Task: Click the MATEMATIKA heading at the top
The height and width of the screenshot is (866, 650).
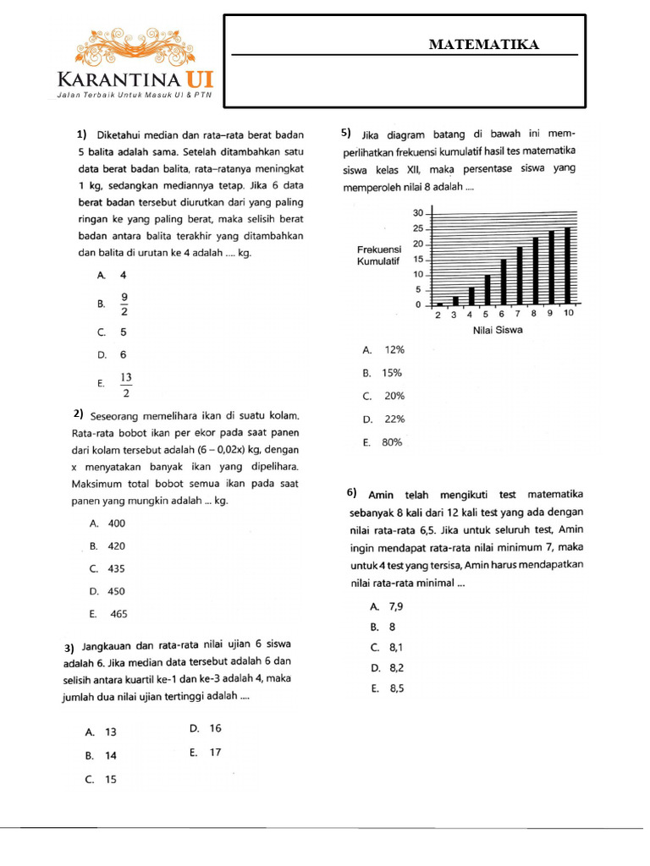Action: click(483, 44)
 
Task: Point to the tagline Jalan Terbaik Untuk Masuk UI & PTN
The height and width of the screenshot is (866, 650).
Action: click(132, 96)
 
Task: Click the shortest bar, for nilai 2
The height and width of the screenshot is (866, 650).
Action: click(439, 303)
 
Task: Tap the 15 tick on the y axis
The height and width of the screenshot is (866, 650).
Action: click(417, 259)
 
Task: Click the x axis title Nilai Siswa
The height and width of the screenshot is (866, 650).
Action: click(498, 330)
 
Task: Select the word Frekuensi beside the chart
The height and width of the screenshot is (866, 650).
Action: click(380, 249)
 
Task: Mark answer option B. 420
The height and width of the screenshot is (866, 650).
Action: click(107, 546)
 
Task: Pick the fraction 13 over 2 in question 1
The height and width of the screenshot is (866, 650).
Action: click(126, 384)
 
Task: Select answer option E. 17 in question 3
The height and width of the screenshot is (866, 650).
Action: click(206, 752)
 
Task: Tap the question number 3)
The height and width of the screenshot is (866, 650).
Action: click(71, 649)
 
